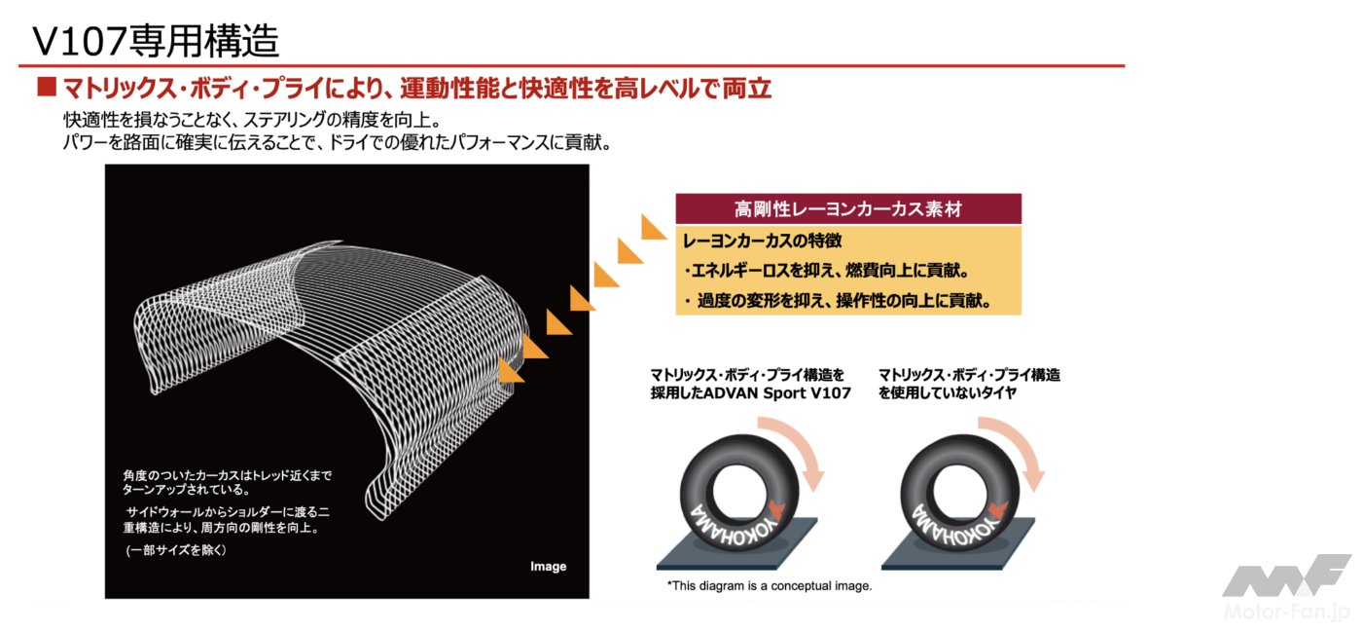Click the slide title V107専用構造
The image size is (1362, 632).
pyautogui.click(x=156, y=42)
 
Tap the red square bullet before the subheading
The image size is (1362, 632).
pyautogui.click(x=47, y=87)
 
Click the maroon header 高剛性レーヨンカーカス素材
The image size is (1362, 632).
pyautogui.click(x=848, y=209)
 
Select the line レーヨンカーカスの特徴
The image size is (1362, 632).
pyautogui.click(x=763, y=242)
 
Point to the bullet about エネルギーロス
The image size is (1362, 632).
pyautogui.click(x=827, y=271)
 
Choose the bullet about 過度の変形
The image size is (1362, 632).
pyautogui.click(x=840, y=300)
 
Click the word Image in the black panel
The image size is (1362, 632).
pyautogui.click(x=548, y=567)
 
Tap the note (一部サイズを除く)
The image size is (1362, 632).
pyautogui.click(x=176, y=550)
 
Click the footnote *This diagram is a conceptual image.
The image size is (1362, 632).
pyautogui.click(x=770, y=585)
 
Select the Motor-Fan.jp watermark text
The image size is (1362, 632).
pyautogui.click(x=1286, y=612)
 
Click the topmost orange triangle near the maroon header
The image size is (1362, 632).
pyautogui.click(x=654, y=227)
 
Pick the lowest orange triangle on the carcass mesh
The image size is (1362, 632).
pyautogui.click(x=512, y=370)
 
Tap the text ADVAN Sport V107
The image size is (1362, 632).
pyautogui.click(x=777, y=393)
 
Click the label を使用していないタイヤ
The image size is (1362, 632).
pyautogui.click(x=948, y=393)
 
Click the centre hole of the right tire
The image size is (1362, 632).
pyautogui.click(x=962, y=491)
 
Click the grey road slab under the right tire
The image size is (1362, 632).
pyautogui.click(x=958, y=544)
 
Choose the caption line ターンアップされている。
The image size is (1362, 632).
pyautogui.click(x=186, y=490)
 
